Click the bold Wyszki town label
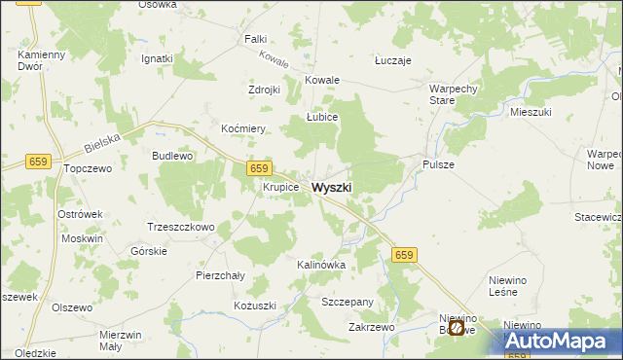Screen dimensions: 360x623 pos(332,187)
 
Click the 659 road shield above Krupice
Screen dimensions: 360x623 pos(258,168)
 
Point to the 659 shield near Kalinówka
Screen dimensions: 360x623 pos(405,255)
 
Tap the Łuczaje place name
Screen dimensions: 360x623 pos(393,60)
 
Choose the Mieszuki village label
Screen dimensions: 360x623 pos(531,113)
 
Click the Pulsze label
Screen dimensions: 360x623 pos(438,164)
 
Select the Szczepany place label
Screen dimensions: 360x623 pos(348,303)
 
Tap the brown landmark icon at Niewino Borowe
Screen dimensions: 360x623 pos(456,328)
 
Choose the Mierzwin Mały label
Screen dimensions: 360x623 pos(122,340)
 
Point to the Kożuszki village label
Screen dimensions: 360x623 pos(255,306)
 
